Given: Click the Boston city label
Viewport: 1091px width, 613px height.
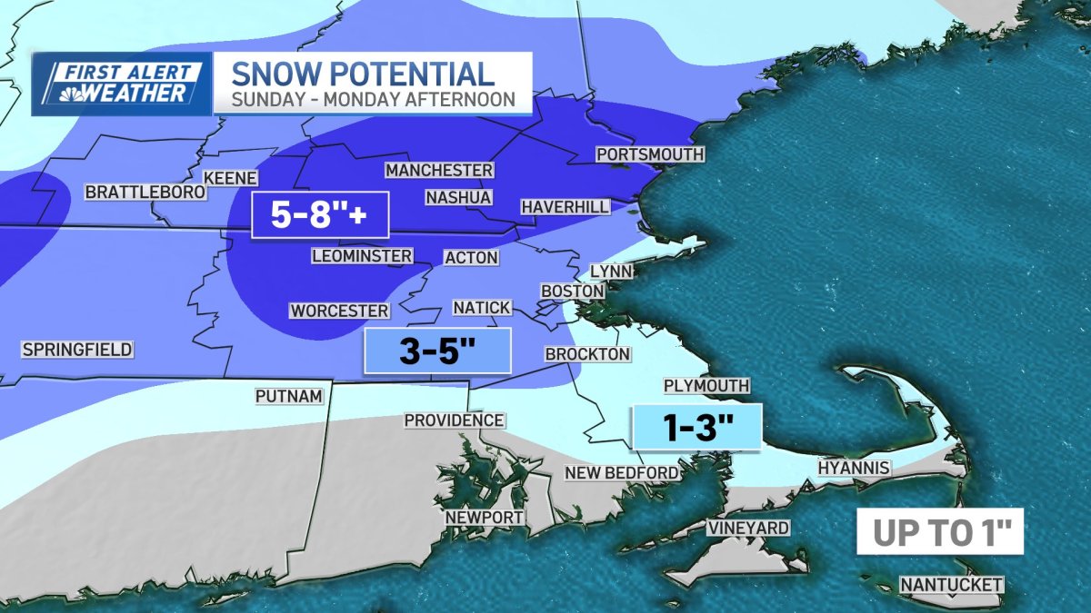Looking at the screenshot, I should pyautogui.click(x=573, y=291).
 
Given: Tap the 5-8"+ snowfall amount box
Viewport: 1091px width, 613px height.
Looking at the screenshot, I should pyautogui.click(x=319, y=216).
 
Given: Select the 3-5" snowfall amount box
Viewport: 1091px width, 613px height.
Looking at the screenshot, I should pyautogui.click(x=437, y=351).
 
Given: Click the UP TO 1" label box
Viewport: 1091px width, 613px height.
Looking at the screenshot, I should pyautogui.click(x=940, y=532).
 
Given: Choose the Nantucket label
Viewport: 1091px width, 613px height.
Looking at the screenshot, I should pyautogui.click(x=952, y=585).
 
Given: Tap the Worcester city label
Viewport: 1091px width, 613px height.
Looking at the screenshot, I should pyautogui.click(x=339, y=311).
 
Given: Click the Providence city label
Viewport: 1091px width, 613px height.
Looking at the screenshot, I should pyautogui.click(x=454, y=420).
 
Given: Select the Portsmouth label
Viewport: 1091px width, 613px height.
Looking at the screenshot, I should pyautogui.click(x=650, y=154).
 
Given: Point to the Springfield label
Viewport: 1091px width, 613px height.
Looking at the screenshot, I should pyautogui.click(x=77, y=350).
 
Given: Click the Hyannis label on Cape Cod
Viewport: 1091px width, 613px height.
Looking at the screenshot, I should pyautogui.click(x=853, y=468).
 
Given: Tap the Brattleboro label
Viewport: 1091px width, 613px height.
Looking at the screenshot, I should pyautogui.click(x=145, y=193).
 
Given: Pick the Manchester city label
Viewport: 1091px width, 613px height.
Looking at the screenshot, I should pyautogui.click(x=439, y=171).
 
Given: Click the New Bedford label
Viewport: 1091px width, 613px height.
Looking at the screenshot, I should pyautogui.click(x=622, y=472).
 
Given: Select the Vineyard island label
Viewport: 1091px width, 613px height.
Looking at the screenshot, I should pyautogui.click(x=748, y=528).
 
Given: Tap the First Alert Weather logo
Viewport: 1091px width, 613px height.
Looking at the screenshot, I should pyautogui.click(x=121, y=84).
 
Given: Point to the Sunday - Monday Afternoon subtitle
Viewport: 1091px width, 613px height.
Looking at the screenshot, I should pyautogui.click(x=371, y=98).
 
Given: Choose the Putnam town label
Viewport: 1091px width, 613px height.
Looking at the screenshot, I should pyautogui.click(x=289, y=396).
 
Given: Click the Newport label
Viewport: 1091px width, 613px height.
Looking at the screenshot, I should pyautogui.click(x=484, y=517).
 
